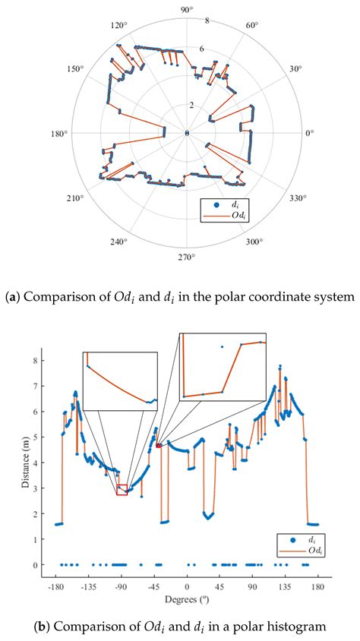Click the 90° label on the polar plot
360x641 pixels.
tap(187, 8)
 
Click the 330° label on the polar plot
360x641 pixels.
tap(297, 198)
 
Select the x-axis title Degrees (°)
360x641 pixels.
tap(187, 599)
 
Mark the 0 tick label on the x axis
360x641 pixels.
tap(187, 586)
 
